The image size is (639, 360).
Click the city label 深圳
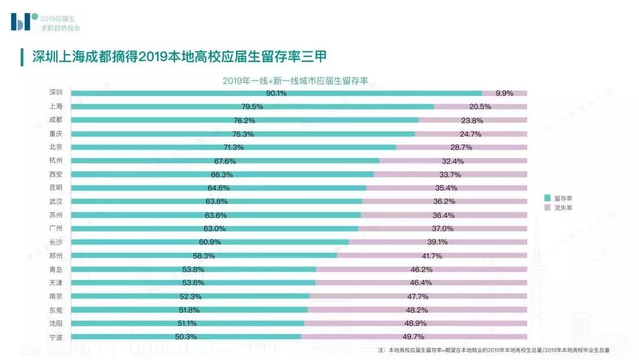[x=56, y=92]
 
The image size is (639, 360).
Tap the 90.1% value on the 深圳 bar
[x=276, y=93]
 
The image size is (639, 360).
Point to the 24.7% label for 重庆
[x=471, y=134]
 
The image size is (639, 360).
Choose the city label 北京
[x=56, y=147]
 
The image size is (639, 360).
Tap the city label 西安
[x=56, y=174]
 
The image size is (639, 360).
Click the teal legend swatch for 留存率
[x=547, y=198]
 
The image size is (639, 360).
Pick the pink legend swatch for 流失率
[x=547, y=208]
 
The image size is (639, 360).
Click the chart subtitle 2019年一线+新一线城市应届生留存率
[x=295, y=81]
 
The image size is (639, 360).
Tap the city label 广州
[x=56, y=229]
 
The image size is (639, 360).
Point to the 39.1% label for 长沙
[x=437, y=242]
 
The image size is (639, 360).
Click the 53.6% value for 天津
[x=193, y=282]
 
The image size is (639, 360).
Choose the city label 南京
[x=56, y=296]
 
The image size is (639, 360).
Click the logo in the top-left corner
[x=24, y=21]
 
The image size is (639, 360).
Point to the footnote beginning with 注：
[x=493, y=350]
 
